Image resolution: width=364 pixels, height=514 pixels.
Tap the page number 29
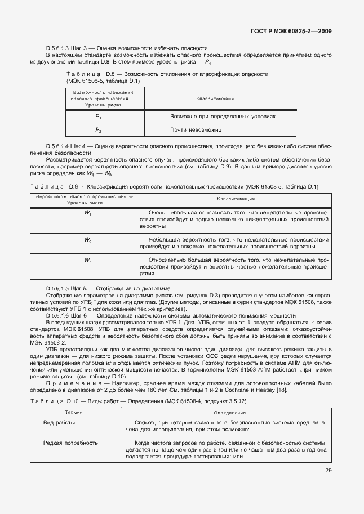pyautogui.click(x=328, y=471)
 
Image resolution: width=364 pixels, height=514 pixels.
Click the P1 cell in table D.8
pyautogui.click(x=98, y=117)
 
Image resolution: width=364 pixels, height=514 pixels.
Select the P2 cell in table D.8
pyautogui.click(x=98, y=130)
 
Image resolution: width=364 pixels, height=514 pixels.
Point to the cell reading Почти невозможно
pyautogui.click(x=196, y=130)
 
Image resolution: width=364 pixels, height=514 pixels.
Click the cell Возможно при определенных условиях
pyautogui.click(x=223, y=117)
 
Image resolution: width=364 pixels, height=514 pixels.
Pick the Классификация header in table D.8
pyautogui.click(x=215, y=99)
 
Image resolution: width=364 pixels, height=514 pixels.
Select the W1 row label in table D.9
pyautogui.click(x=88, y=214)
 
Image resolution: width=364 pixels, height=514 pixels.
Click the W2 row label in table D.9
pyautogui.click(x=88, y=240)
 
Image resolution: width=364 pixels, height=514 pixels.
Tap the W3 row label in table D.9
pyautogui.click(x=88, y=260)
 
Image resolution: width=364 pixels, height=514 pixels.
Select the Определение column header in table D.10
pyautogui.click(x=229, y=413)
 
